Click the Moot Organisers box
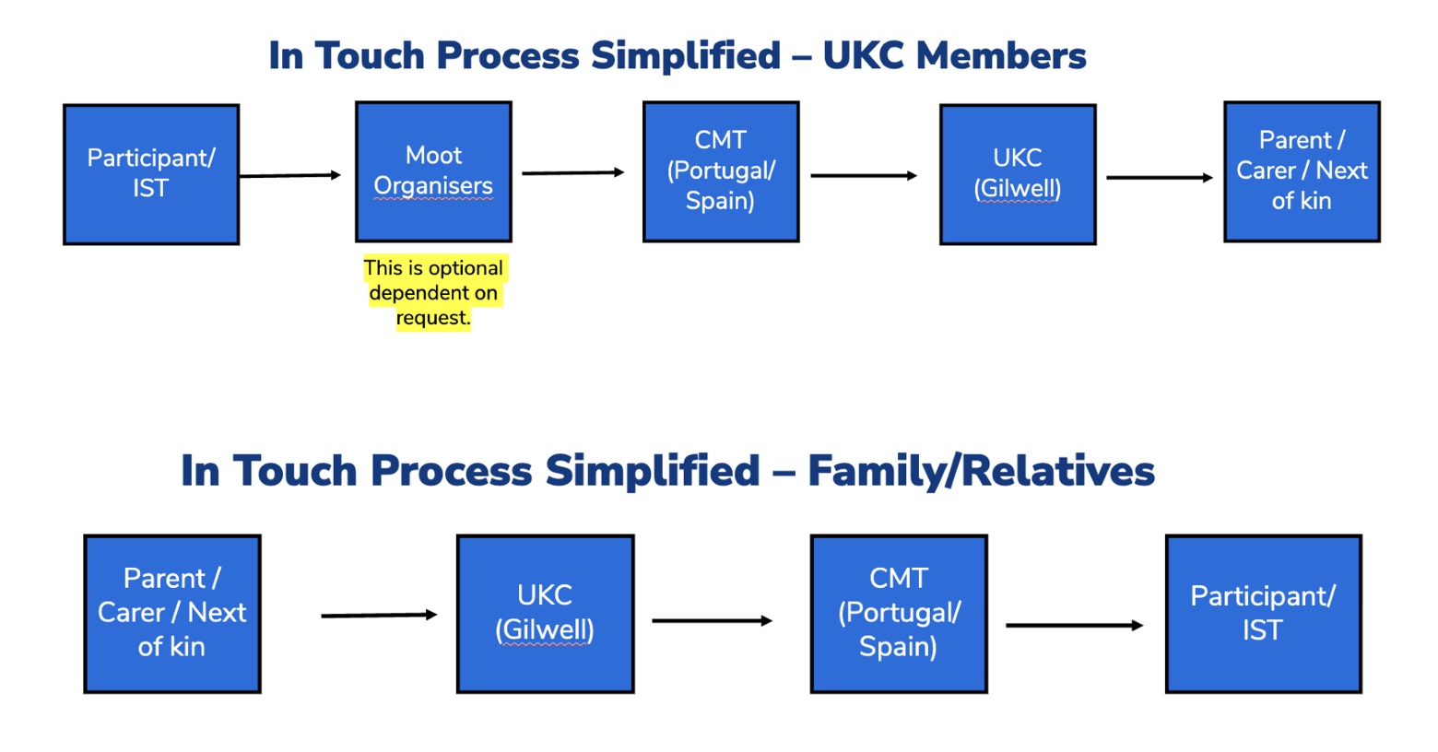point(433,171)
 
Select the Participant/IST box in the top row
point(151,174)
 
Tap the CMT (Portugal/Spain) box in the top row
point(721,171)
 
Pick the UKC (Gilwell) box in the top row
point(1018,174)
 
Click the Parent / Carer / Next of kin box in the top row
point(1302,171)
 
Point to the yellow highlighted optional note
point(433,292)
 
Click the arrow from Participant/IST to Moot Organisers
point(289,175)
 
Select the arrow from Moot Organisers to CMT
point(572,172)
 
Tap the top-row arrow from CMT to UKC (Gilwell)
point(864,175)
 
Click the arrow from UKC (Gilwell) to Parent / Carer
point(1159,177)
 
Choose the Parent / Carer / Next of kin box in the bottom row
point(172,613)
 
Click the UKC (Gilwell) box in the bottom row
point(545,613)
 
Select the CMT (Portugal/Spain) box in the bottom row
point(899,613)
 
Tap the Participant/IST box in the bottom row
point(1263,613)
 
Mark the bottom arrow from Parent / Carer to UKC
point(378,615)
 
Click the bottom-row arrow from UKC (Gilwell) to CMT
point(712,620)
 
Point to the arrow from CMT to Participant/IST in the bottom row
point(1074,625)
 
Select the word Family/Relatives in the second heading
point(981,471)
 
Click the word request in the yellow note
point(431,318)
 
